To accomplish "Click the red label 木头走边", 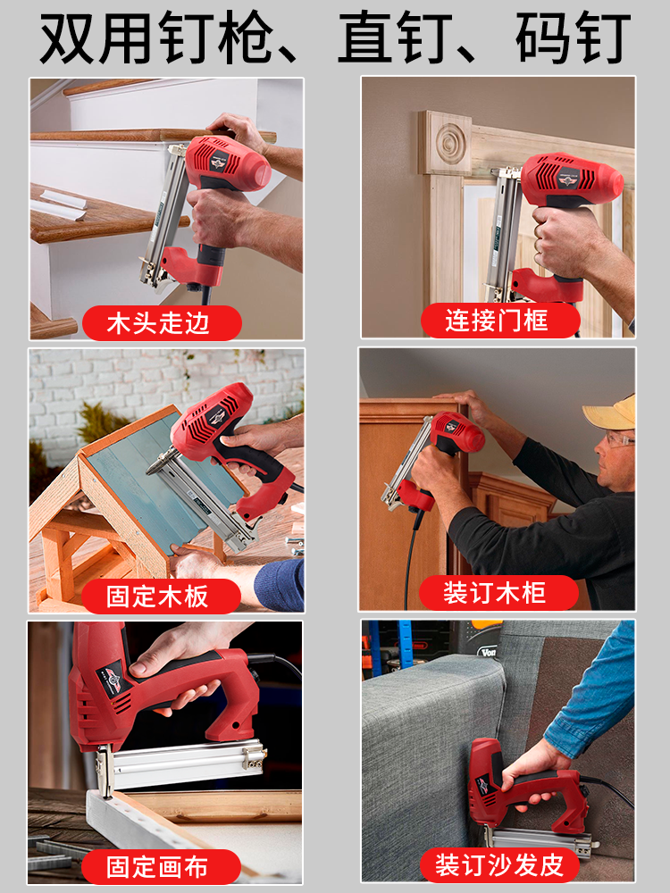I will (x=161, y=322).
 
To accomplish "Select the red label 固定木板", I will (x=161, y=596).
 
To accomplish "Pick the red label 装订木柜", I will (x=498, y=592).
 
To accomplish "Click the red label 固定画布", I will (x=161, y=866).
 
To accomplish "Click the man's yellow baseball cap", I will (x=611, y=411).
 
